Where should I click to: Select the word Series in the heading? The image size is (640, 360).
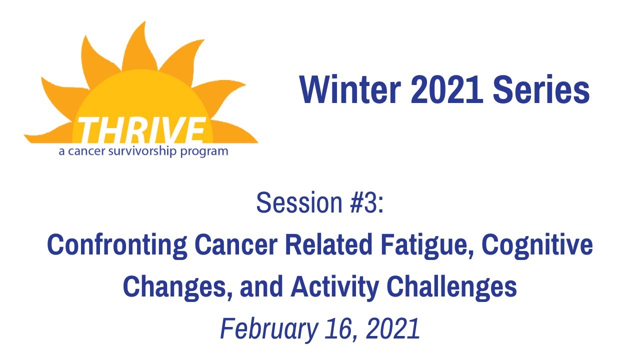(x=541, y=91)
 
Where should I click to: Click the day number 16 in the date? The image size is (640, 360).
(x=342, y=329)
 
